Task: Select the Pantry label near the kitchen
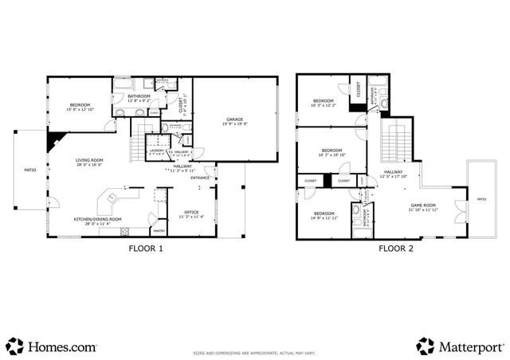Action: pos(158,231)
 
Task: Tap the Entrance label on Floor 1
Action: pos(200,178)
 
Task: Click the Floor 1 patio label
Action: pos(30,170)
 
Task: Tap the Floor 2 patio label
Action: pos(481,199)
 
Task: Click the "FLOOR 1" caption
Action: pos(146,248)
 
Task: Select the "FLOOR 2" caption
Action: pos(396,248)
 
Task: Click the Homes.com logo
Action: pos(52,346)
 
